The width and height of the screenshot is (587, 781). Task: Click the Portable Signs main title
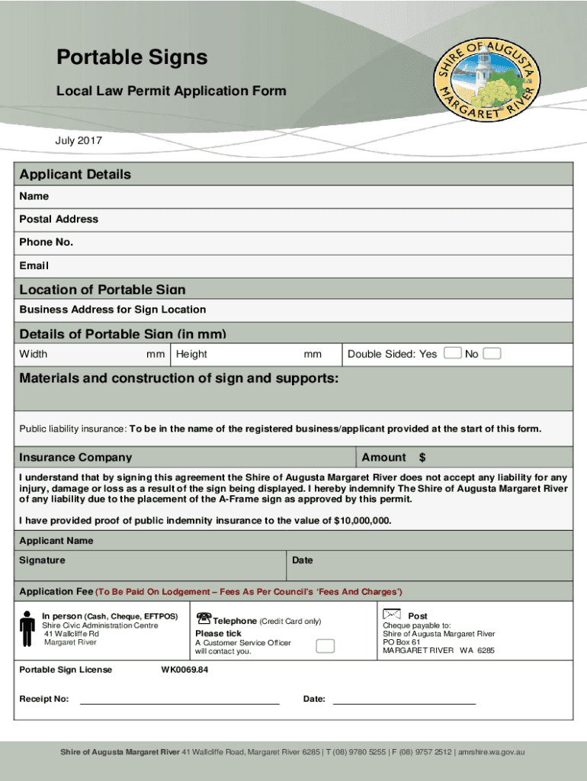pos(132,58)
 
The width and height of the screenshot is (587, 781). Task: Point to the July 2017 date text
pos(79,141)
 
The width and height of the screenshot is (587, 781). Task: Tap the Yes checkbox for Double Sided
pos(453,353)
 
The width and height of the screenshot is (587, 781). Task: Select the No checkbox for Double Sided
pos(492,353)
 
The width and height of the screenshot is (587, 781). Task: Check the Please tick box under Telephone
pos(325,646)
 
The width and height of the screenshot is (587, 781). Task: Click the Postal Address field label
pos(59,219)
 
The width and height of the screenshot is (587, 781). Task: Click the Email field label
pos(34,266)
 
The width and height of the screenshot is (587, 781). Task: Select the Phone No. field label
pos(46,243)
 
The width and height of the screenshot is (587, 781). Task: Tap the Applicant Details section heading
pos(75,175)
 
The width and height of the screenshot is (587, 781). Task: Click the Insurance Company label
pos(75,458)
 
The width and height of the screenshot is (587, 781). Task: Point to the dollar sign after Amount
pos(422,458)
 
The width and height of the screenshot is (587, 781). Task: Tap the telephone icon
pos(204,617)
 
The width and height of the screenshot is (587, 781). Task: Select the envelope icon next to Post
pos(392,614)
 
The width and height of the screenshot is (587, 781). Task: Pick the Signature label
pos(42,560)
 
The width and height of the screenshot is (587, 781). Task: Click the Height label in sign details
pos(191,354)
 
